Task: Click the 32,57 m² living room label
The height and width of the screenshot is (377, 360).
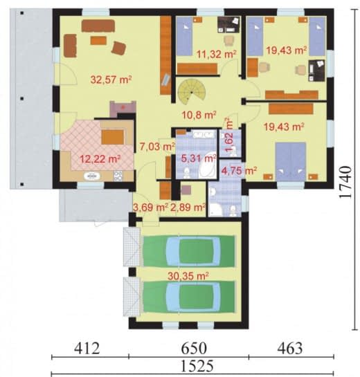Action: (x=111, y=80)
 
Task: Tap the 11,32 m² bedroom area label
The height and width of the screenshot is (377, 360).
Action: (x=216, y=54)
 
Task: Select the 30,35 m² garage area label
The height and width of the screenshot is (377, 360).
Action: (x=188, y=276)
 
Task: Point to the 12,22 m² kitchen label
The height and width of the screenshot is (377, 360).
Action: (x=100, y=158)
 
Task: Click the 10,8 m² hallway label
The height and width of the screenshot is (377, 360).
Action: (x=199, y=115)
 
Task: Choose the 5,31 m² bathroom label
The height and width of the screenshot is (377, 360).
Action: (x=199, y=158)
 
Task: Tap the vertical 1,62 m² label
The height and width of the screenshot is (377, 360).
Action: (x=229, y=135)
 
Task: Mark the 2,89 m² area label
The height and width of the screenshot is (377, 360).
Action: (x=188, y=207)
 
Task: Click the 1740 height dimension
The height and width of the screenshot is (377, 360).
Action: (x=345, y=182)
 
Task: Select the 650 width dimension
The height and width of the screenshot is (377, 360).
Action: (x=194, y=349)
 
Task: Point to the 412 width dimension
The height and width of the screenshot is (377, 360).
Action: (x=87, y=349)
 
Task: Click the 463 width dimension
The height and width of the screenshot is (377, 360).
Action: (x=290, y=349)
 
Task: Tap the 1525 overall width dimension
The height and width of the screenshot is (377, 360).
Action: (x=197, y=367)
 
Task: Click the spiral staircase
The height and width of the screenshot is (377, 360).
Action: (x=192, y=92)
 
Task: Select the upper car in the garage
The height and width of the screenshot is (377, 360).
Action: (x=189, y=251)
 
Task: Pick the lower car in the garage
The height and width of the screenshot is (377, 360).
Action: (x=189, y=297)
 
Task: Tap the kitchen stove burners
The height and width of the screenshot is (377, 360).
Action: (x=118, y=176)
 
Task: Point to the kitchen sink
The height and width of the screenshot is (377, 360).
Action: (x=92, y=176)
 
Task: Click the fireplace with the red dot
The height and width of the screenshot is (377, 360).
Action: (x=123, y=109)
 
